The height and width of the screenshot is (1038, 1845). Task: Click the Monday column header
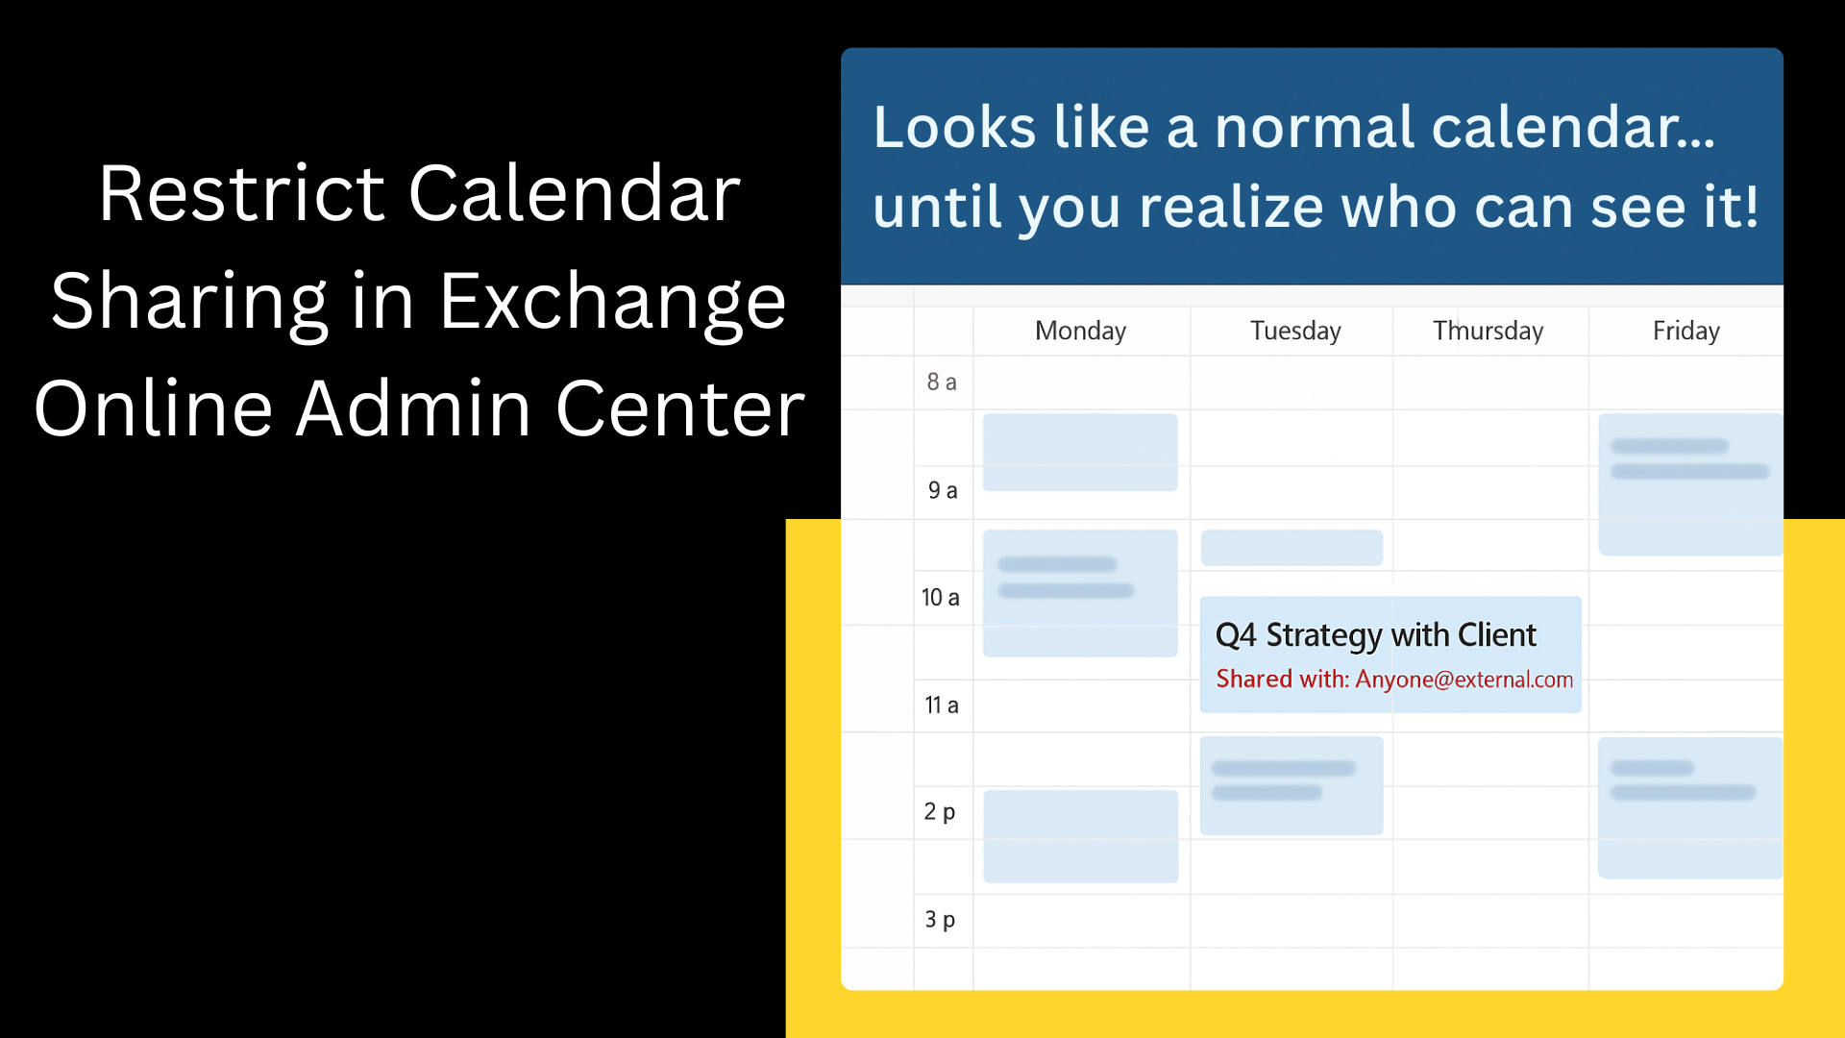[x=1080, y=331]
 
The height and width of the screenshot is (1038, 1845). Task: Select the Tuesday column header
[x=1294, y=331]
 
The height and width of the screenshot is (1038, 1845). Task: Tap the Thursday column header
[x=1488, y=331]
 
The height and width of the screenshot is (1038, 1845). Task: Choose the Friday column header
[x=1685, y=331]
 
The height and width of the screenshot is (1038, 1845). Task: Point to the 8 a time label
[x=941, y=383]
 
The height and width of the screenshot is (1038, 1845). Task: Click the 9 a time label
[x=942, y=490]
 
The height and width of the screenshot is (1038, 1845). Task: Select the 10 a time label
[x=940, y=598]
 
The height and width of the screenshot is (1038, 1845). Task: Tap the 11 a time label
[x=941, y=705]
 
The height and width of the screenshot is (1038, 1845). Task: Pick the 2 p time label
[x=939, y=812]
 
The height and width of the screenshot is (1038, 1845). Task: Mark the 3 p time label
[x=939, y=920]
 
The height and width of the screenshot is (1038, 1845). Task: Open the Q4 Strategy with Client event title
[x=1375, y=635]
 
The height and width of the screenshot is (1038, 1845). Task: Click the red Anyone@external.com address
[x=1464, y=680]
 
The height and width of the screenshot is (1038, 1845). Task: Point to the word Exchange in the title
[x=612, y=302]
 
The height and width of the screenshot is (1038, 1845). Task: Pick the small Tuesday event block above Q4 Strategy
[x=1291, y=548]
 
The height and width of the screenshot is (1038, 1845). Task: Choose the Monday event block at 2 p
[x=1080, y=836]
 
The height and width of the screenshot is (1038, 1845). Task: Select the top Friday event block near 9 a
[x=1689, y=484]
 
